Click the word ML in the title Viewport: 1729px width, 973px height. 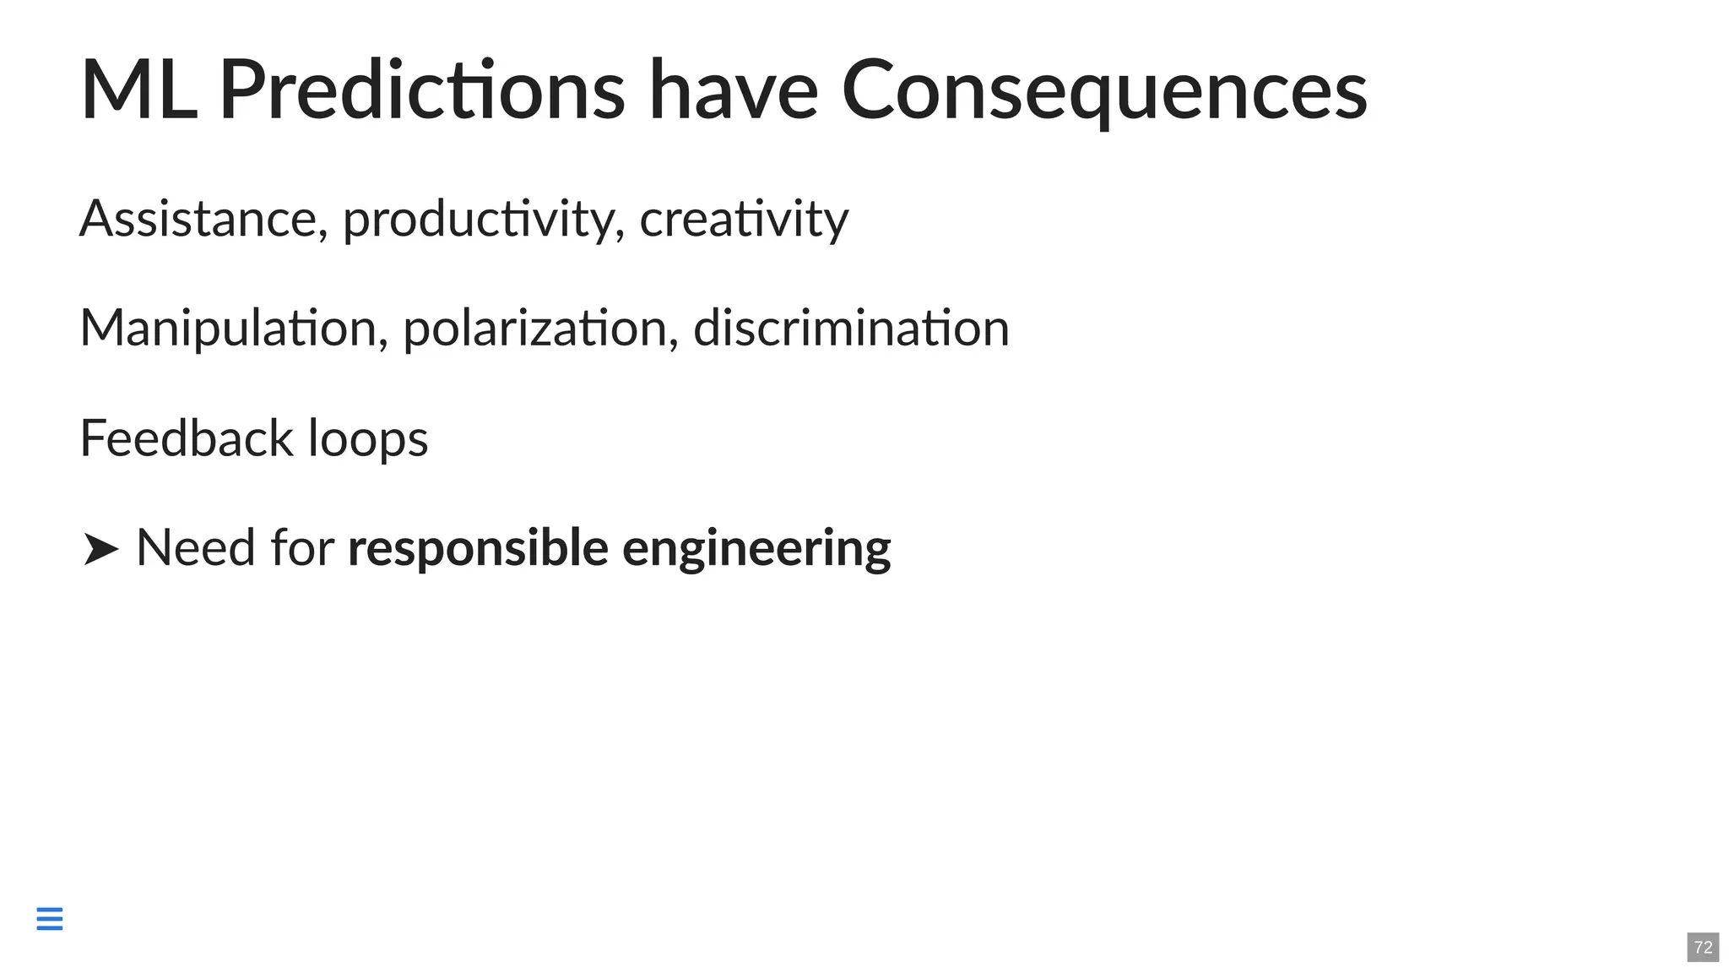point(138,90)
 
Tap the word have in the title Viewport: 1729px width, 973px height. point(733,90)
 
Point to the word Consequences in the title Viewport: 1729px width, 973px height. point(1104,90)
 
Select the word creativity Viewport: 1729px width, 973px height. point(744,220)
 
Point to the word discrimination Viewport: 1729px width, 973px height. point(851,328)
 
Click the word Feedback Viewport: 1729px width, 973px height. point(187,438)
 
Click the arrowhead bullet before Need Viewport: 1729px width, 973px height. point(100,549)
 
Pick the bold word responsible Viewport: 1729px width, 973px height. point(478,549)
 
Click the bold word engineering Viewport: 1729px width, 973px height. point(756,549)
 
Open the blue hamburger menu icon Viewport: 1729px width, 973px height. point(50,918)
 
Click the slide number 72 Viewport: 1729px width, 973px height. point(1703,947)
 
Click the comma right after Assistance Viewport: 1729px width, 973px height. point(323,234)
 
